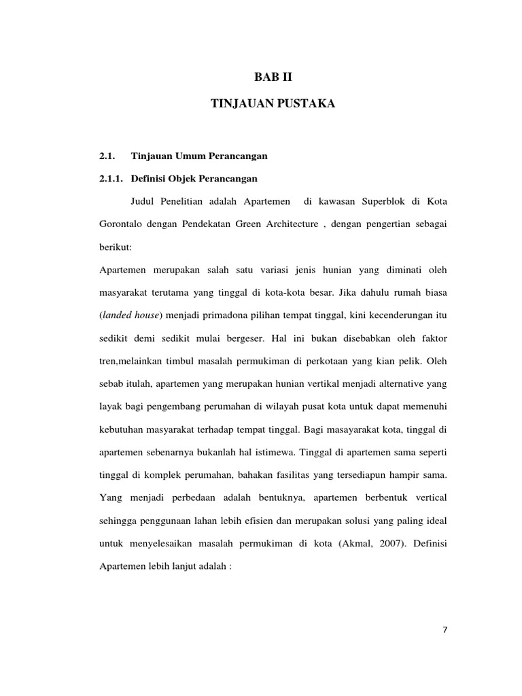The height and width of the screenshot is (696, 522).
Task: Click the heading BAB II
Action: point(272,78)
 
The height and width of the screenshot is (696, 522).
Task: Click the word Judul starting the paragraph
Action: point(142,201)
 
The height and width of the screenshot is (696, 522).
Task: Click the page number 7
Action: point(445,629)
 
